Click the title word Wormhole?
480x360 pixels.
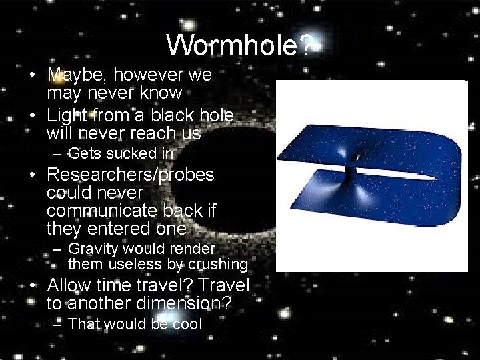coord(239,45)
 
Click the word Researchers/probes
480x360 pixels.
coord(131,175)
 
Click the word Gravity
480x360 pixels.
coord(93,249)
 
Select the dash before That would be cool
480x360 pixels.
coord(58,325)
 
